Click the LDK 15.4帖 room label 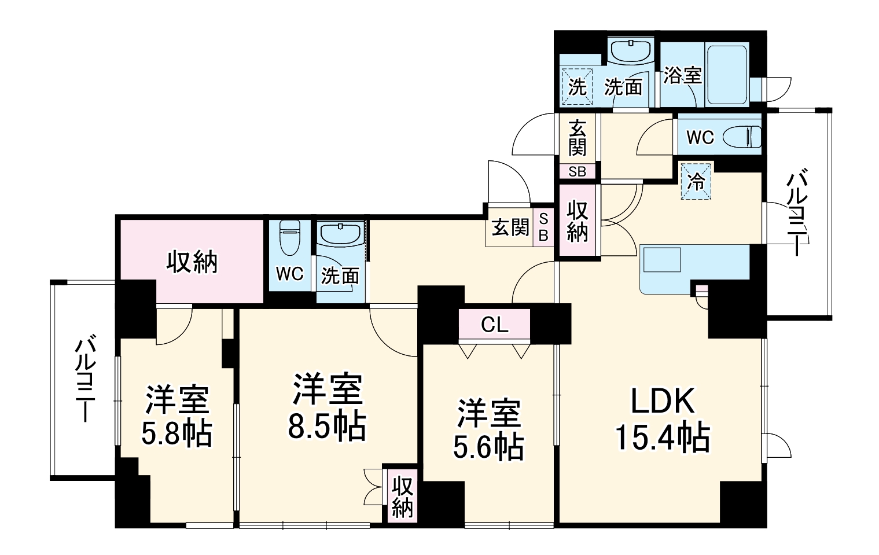(x=662, y=419)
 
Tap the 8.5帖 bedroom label (x=328, y=407)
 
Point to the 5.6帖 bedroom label (x=489, y=428)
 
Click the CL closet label (x=495, y=325)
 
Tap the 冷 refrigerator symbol (x=696, y=182)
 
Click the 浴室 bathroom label (x=682, y=75)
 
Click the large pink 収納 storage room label (x=192, y=262)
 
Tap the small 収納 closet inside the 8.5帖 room (x=402, y=496)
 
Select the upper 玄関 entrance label (x=577, y=138)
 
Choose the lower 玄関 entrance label (x=510, y=228)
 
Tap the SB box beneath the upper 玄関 (x=577, y=172)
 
